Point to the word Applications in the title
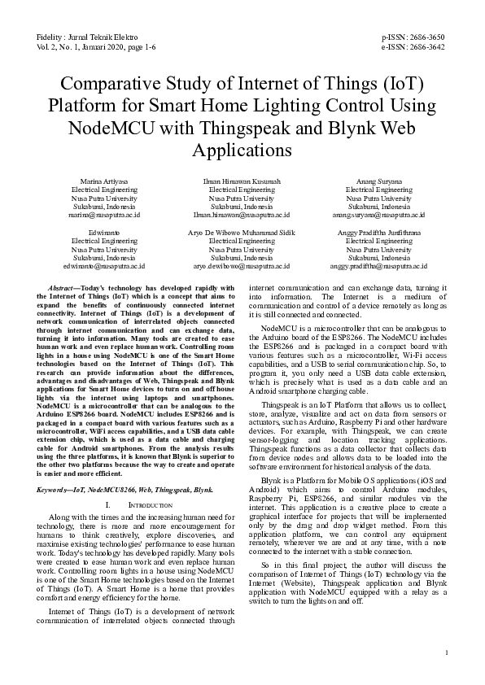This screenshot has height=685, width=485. point(242,150)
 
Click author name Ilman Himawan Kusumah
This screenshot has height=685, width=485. point(242,181)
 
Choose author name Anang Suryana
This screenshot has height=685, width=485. point(378,181)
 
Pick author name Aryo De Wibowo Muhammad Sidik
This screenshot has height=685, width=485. point(242,233)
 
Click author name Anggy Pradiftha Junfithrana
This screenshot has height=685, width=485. point(378,233)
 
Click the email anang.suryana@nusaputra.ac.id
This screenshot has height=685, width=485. point(378,216)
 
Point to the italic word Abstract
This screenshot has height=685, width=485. point(63,288)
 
